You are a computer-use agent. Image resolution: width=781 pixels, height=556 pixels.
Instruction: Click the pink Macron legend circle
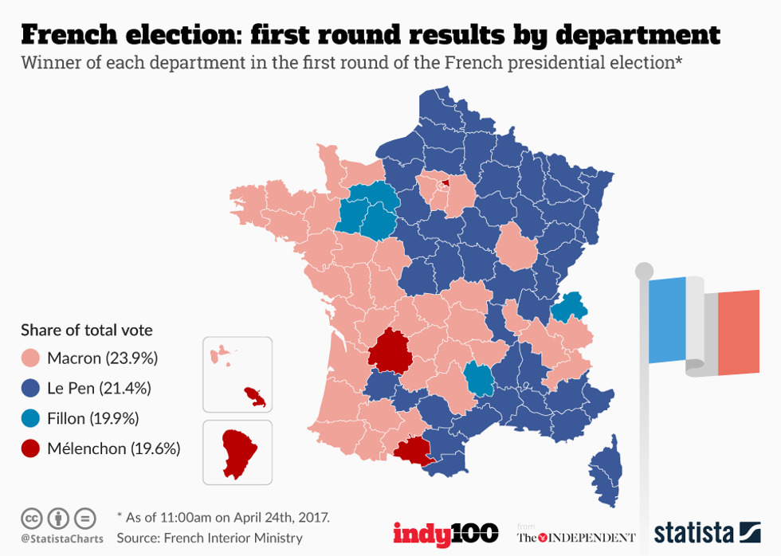coord(31,358)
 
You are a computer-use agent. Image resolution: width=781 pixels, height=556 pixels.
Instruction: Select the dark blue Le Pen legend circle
coord(31,388)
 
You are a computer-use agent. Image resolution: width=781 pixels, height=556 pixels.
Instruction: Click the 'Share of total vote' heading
coord(87,330)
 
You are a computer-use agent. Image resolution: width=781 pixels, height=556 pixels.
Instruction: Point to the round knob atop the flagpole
coord(644,270)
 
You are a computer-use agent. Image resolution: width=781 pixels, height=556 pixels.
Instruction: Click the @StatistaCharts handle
coord(62,538)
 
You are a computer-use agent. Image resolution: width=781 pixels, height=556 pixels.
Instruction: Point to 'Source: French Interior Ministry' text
coord(210,538)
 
